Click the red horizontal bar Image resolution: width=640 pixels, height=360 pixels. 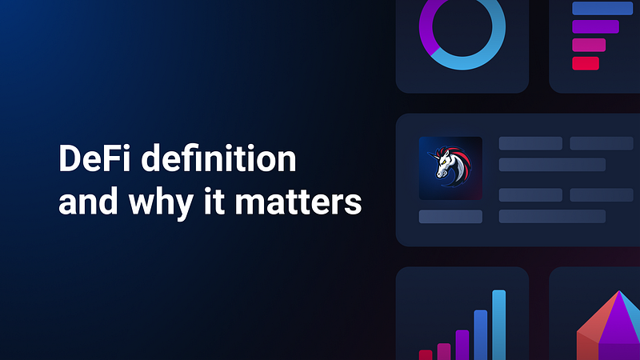[586, 63]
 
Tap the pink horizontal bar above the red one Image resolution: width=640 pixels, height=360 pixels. [589, 45]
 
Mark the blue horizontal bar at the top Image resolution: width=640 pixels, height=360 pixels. [602, 8]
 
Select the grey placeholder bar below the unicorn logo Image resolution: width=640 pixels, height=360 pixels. [450, 216]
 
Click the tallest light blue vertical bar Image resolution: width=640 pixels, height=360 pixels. [498, 324]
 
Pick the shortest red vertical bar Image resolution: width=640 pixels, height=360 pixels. [426, 354]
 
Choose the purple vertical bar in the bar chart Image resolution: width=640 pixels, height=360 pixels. [462, 344]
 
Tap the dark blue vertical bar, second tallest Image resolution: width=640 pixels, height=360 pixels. [480, 334]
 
